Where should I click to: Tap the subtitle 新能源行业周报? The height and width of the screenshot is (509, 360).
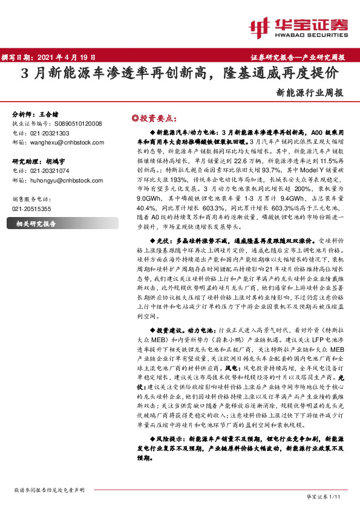[x=310, y=93]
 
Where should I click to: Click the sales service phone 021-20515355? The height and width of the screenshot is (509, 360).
[x=32, y=209]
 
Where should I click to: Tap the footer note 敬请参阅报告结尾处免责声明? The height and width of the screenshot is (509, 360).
[x=48, y=490]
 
